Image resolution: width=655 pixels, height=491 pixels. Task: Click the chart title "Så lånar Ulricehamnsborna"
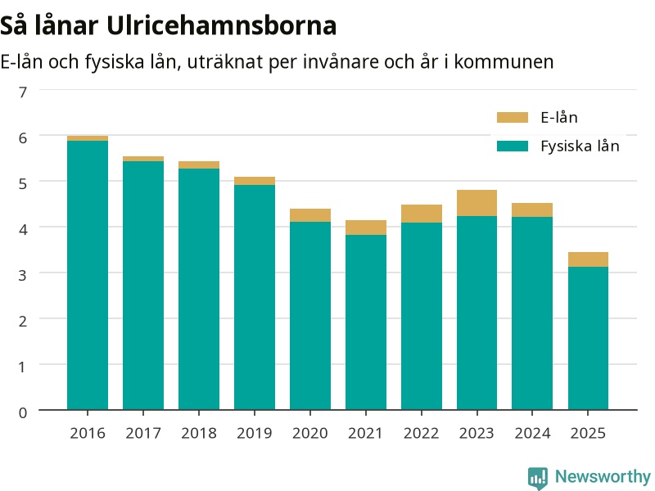[x=168, y=26]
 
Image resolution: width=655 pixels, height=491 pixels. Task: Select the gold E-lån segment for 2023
[x=477, y=203]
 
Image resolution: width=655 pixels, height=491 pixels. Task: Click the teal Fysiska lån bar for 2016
[x=88, y=275]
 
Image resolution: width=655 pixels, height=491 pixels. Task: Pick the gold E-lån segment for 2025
[x=588, y=259]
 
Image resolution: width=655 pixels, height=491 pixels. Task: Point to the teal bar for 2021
[x=366, y=322]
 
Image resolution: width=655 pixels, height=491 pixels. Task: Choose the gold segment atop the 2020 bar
[x=310, y=215]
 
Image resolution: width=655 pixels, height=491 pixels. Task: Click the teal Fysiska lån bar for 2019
[x=255, y=297]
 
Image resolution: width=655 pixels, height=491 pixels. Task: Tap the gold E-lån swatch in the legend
[x=513, y=117]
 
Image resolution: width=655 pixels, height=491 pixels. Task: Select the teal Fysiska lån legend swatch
[x=513, y=146]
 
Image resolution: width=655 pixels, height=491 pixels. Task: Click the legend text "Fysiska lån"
[x=580, y=146]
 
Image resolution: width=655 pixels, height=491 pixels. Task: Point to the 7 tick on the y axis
[x=23, y=92]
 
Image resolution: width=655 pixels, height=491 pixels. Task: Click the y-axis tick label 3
[x=23, y=275]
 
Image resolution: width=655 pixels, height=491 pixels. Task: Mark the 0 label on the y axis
[x=23, y=413]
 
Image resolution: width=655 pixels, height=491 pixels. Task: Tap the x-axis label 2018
[x=199, y=434]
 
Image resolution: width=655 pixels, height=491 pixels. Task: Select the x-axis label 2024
[x=533, y=434]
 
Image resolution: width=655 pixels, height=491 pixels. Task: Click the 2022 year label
[x=421, y=434]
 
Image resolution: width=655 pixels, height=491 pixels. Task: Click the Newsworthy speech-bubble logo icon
[x=538, y=478]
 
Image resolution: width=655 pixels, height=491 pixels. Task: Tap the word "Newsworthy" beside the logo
[x=603, y=476]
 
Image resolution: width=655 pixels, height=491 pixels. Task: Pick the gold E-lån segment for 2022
[x=422, y=214]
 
